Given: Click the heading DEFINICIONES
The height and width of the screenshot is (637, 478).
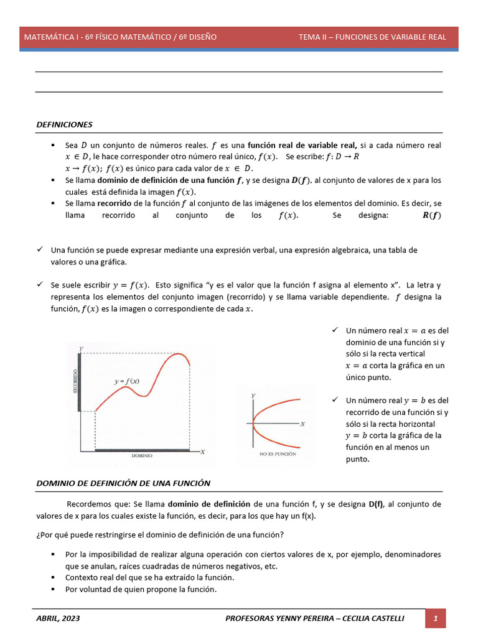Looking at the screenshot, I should (65, 124).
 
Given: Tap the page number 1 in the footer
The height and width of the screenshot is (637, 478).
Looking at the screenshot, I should (436, 618).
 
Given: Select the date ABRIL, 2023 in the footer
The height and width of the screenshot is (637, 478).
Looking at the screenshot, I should (58, 618).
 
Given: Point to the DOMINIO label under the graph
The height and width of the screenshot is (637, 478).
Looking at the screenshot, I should (142, 455).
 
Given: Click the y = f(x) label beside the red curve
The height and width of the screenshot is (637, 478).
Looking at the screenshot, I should (126, 381).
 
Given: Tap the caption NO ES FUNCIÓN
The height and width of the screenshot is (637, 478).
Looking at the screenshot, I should (277, 454).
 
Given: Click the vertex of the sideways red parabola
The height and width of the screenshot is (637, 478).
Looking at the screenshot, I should (254, 424).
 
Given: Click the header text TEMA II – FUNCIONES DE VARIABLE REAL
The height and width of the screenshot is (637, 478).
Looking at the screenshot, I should (372, 37).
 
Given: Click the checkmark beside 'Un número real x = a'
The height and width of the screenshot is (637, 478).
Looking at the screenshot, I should (335, 330).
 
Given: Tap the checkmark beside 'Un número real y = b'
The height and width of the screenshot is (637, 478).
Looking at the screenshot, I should (335, 400).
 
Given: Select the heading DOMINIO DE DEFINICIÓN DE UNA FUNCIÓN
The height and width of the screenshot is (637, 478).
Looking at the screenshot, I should (123, 483).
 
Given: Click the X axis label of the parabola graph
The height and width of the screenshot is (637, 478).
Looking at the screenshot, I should (302, 424).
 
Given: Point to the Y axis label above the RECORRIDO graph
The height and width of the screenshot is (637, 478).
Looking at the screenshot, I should (81, 349).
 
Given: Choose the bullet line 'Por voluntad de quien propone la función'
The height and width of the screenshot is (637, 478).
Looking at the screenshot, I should (141, 590).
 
